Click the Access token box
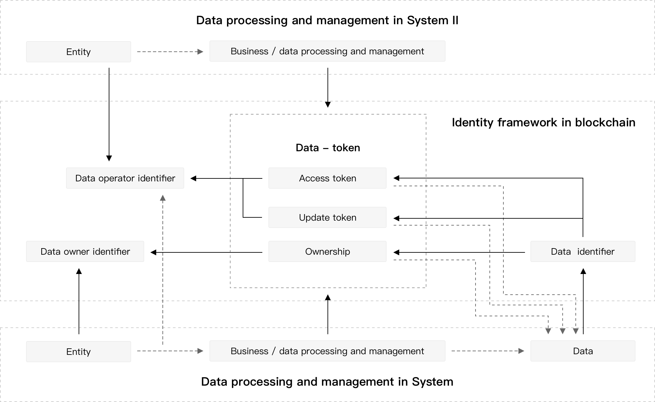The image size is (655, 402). (327, 178)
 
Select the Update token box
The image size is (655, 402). (327, 217)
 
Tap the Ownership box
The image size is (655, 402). (327, 251)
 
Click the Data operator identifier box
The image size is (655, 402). (125, 178)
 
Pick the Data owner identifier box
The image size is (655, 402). (85, 251)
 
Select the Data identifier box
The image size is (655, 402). (583, 251)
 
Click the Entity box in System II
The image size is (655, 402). (79, 52)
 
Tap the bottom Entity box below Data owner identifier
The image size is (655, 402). (79, 352)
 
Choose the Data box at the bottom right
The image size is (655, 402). (583, 351)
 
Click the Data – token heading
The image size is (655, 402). (328, 148)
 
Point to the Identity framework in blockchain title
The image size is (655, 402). (544, 122)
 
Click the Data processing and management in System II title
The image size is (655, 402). (327, 20)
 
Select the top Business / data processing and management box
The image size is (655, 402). (327, 51)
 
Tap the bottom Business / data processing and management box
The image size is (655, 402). (327, 351)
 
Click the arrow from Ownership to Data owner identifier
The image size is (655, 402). (206, 252)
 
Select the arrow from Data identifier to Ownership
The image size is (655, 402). (459, 252)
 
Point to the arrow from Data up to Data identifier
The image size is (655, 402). (583, 301)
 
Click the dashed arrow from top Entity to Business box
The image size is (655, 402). (170, 52)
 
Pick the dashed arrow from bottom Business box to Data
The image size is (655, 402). (488, 351)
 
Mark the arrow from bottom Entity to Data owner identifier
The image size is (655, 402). (79, 301)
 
